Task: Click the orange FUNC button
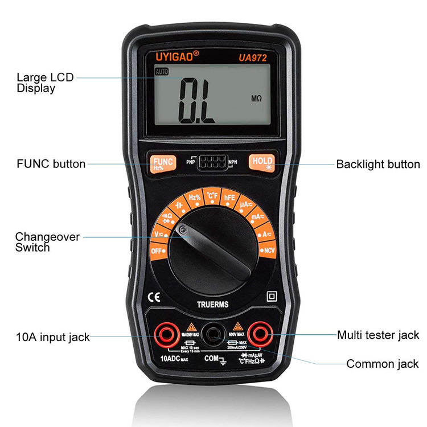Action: (158, 163)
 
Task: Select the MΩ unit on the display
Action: (256, 98)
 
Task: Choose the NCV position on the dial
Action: (268, 250)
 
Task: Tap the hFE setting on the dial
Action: (229, 198)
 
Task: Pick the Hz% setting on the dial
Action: (195, 198)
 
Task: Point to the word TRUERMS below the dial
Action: (213, 305)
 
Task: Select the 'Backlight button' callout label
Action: (377, 165)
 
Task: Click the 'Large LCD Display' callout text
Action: (45, 83)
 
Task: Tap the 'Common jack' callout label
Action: (382, 364)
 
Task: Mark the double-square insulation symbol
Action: (272, 297)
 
